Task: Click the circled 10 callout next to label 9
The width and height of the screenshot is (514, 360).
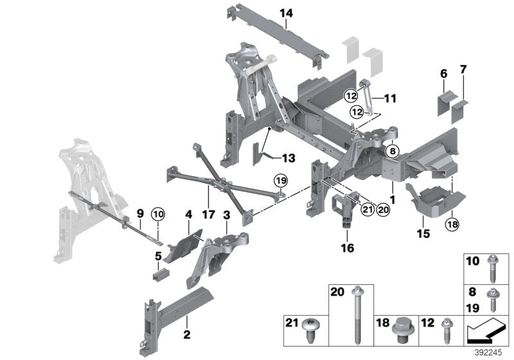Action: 158,213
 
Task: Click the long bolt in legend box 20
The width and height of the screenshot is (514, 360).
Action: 355,316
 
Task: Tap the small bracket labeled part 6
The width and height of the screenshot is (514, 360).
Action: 444,102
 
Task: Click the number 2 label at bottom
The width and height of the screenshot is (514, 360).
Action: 187,334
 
